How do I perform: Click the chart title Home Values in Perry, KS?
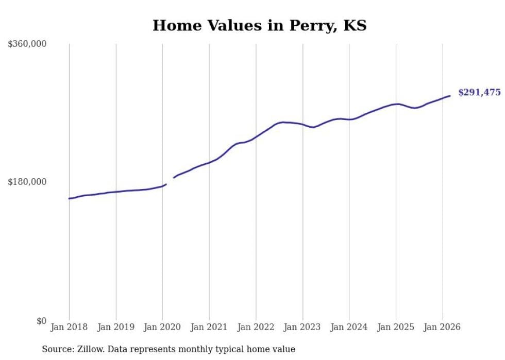tap(259, 25)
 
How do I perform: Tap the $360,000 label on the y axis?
tap(27, 44)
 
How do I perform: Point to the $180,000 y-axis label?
tap(27, 182)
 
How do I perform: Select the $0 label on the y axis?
tap(41, 321)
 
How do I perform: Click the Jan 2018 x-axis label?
tap(69, 327)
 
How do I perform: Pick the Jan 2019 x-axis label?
tap(116, 327)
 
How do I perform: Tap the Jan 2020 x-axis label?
tap(162, 327)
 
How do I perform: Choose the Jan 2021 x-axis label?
tap(209, 327)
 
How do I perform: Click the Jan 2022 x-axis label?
tap(256, 327)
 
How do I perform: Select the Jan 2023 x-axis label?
tap(302, 327)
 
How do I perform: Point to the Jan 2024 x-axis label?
tap(349, 327)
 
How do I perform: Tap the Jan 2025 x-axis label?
tap(396, 327)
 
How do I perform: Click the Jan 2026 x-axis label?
tap(443, 327)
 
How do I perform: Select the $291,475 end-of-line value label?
tap(479, 93)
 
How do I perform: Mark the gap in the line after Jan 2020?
tap(170, 181)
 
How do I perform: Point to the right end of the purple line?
tap(450, 96)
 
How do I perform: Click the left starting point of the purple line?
tap(69, 198)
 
